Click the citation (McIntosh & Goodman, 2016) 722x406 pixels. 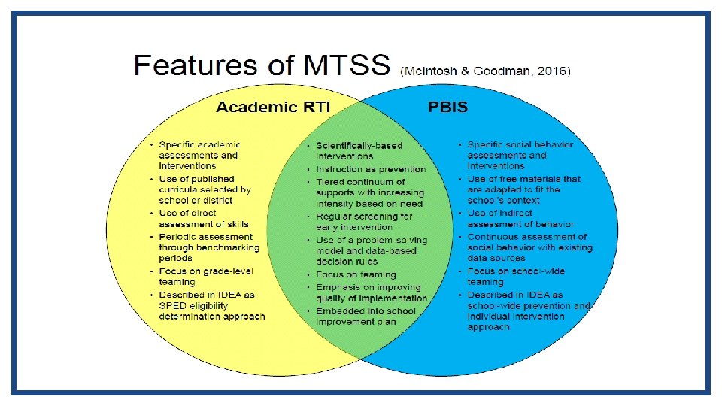486,71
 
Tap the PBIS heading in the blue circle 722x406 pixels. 447,107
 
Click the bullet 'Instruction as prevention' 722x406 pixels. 371,169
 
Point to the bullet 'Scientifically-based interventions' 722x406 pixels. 359,150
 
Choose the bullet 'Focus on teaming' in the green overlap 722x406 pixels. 356,274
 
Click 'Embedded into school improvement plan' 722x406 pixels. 366,316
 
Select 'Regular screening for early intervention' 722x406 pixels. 364,221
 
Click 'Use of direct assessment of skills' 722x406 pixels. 203,218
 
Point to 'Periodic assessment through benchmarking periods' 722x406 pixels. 208,247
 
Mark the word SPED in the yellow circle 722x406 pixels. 174,305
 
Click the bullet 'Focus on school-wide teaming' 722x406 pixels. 515,276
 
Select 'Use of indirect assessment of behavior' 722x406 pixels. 520,218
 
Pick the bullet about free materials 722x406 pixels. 523,189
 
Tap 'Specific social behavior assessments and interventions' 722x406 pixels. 520,155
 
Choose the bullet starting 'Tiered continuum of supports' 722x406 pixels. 369,192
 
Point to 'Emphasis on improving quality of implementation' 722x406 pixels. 371,292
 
